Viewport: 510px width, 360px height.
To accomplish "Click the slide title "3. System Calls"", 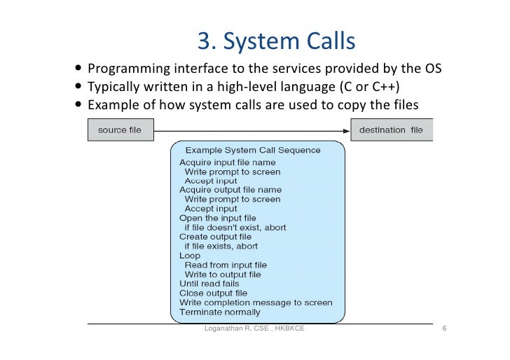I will click(x=276, y=42).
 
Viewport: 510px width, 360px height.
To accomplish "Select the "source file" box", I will click(x=118, y=130).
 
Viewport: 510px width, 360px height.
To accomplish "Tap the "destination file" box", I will click(x=391, y=130).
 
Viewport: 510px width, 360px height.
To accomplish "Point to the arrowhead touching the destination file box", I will click(x=346, y=130).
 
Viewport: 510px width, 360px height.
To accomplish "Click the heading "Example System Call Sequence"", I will click(x=252, y=150).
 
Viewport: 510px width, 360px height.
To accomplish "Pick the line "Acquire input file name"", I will click(x=220, y=162).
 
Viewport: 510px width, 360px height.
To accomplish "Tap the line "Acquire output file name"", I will click(x=221, y=190).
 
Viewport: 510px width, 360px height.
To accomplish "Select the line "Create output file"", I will click(x=214, y=237).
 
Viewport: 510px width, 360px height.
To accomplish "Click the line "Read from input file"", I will click(x=226, y=265).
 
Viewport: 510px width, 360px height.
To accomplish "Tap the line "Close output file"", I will click(x=213, y=293).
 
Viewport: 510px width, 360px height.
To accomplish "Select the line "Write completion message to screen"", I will click(x=256, y=303).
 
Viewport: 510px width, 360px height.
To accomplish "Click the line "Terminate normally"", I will click(x=219, y=312).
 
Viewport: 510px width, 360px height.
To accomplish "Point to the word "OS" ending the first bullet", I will click(x=434, y=69).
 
